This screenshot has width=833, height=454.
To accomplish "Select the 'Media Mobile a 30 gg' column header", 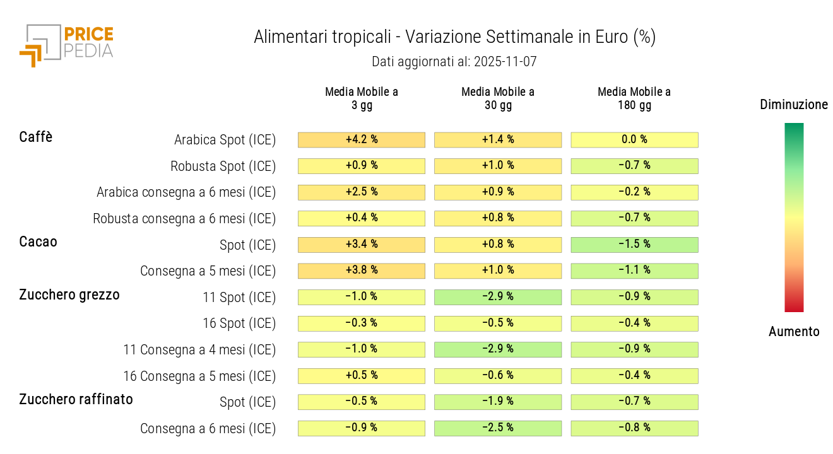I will (x=497, y=98).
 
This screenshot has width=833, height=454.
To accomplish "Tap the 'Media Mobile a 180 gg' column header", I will (x=634, y=98).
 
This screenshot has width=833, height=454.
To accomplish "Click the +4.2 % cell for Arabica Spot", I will (x=362, y=139).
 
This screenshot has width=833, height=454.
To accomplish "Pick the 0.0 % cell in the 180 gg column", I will (x=634, y=139).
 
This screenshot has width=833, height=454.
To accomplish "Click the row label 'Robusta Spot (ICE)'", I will (x=223, y=166).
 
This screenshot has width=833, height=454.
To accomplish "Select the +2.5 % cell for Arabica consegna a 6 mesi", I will (x=362, y=192).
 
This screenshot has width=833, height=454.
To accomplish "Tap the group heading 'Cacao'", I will (x=38, y=242).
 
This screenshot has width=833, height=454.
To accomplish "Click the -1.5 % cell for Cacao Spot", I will (x=634, y=244).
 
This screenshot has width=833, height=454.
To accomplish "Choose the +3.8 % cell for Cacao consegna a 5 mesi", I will (x=362, y=271).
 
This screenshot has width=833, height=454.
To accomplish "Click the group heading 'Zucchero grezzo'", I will (x=69, y=294).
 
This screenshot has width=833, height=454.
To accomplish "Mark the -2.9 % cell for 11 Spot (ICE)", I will (x=498, y=296).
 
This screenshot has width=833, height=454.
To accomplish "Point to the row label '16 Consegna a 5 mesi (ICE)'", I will (x=199, y=376).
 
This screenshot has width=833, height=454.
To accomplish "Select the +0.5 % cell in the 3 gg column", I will (x=362, y=375).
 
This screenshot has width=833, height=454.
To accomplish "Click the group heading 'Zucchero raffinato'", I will (x=76, y=399).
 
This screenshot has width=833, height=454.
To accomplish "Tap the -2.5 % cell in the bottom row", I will (x=498, y=428).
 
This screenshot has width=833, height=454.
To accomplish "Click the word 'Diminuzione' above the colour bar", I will (x=794, y=105).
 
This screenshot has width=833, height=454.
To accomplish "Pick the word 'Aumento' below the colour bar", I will (x=794, y=332).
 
